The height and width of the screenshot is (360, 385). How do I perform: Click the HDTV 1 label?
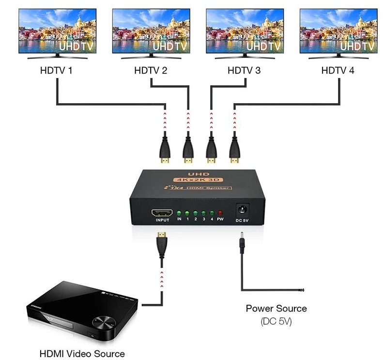56,71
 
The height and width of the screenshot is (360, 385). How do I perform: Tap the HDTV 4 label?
338,71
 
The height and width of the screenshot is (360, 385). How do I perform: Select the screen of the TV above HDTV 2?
151,31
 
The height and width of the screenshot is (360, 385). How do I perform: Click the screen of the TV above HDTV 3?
245,31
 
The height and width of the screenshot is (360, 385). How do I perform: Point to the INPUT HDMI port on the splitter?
162,213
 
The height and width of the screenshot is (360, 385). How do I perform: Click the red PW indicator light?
220,213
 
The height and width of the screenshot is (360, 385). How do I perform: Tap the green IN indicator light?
179,213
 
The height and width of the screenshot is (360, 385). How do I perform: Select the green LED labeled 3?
203,213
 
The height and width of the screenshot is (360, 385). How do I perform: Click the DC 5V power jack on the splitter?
243,210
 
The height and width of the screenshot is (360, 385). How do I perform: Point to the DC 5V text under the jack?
242,220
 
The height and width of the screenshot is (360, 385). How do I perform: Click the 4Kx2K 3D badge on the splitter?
198,180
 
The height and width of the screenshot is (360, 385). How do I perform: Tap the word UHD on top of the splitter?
199,174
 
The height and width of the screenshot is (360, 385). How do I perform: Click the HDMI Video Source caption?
82,354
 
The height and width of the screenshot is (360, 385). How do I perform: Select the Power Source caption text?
276,308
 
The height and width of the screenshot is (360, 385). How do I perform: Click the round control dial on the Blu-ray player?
104,322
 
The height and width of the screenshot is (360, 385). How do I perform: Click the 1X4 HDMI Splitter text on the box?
198,188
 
